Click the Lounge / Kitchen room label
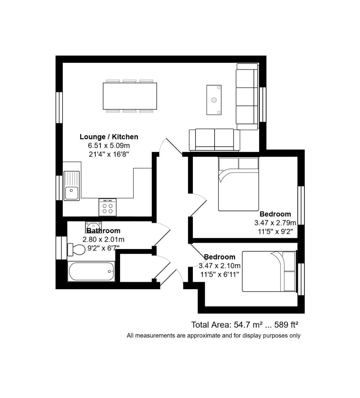click(x=109, y=137)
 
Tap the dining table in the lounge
click(x=130, y=96)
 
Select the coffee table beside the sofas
click(x=214, y=100)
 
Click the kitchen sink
click(x=71, y=186)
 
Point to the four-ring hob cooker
click(x=107, y=207)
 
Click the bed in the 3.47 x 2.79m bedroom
click(x=238, y=184)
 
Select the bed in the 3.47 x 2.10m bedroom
click(x=269, y=271)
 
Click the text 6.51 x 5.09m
click(x=109, y=146)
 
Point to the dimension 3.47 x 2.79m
click(x=275, y=223)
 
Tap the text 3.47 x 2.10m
click(x=220, y=266)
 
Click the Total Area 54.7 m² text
click(x=227, y=325)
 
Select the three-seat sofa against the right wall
click(x=247, y=97)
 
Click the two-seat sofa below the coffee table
click(x=214, y=140)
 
